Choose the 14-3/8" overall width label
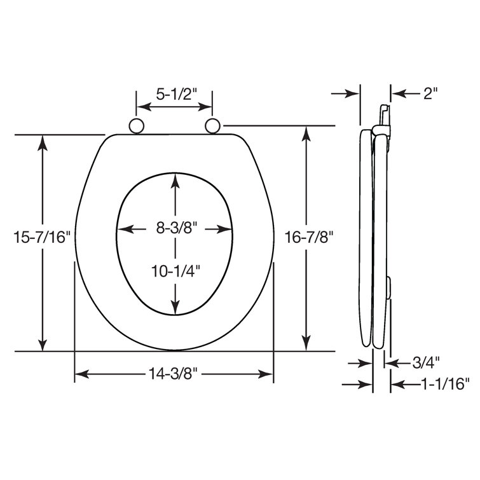coord(174,374)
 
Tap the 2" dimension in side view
coord(430,93)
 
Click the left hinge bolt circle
coord(136,126)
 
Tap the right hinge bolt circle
coord(213,126)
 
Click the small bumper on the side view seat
coord(387,286)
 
